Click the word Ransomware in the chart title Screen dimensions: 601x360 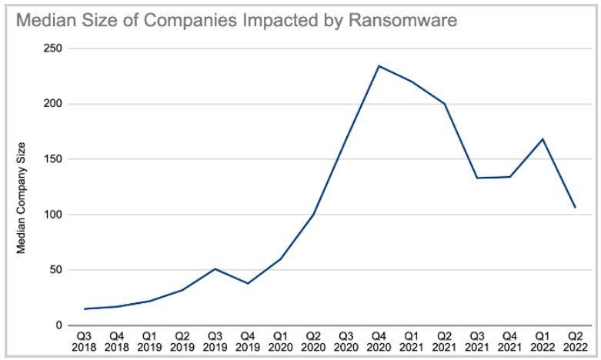(402, 20)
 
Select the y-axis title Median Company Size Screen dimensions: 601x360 (21, 198)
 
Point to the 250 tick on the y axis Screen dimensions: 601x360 (54, 48)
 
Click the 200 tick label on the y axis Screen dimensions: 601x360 (54, 104)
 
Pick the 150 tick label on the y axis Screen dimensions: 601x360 (54, 159)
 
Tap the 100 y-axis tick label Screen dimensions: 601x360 (54, 215)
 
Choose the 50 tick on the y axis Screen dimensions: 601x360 (56, 270)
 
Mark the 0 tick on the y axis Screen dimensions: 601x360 (59, 325)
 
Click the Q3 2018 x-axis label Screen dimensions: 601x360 (84, 342)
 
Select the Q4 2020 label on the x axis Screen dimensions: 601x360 (379, 342)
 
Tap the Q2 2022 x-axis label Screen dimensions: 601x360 (576, 342)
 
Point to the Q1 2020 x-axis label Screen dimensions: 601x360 (281, 342)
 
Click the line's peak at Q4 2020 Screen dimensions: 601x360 (379, 66)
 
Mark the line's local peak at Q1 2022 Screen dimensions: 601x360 (543, 139)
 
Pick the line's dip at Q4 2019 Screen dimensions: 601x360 (248, 283)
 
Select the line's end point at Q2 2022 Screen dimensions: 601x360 (576, 208)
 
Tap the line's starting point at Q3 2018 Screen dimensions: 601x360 (85, 308)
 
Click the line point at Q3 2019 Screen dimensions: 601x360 (215, 269)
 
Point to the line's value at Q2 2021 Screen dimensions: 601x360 (444, 104)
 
